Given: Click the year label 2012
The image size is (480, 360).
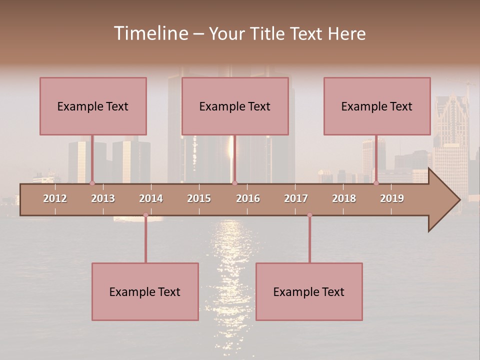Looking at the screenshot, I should [55, 198].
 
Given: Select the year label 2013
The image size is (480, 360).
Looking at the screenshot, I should [103, 198].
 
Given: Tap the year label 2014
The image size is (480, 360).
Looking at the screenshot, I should [151, 198].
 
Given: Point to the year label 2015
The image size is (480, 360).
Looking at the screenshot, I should [199, 198].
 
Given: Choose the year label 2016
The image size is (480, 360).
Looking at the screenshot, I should [248, 198].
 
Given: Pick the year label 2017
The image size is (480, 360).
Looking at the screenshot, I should [296, 198].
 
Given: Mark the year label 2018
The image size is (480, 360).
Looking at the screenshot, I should [344, 198].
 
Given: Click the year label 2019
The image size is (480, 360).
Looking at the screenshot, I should [392, 198].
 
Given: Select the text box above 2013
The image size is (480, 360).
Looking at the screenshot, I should [93, 106].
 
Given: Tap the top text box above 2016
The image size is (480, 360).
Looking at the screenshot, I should [235, 106].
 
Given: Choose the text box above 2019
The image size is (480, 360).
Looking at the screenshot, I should [377, 106].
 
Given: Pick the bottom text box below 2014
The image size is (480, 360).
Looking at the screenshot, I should [145, 291].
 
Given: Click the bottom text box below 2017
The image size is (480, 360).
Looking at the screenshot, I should [309, 291].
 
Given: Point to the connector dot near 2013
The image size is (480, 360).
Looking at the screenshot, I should [92, 183].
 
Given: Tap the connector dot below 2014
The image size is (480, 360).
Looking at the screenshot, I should [145, 215].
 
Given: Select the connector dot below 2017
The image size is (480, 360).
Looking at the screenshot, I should [309, 215].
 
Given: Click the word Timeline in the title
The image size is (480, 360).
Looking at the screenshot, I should [150, 33].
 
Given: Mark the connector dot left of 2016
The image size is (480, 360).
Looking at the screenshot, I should [234, 183].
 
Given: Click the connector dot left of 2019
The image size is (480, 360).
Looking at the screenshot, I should [376, 183].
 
